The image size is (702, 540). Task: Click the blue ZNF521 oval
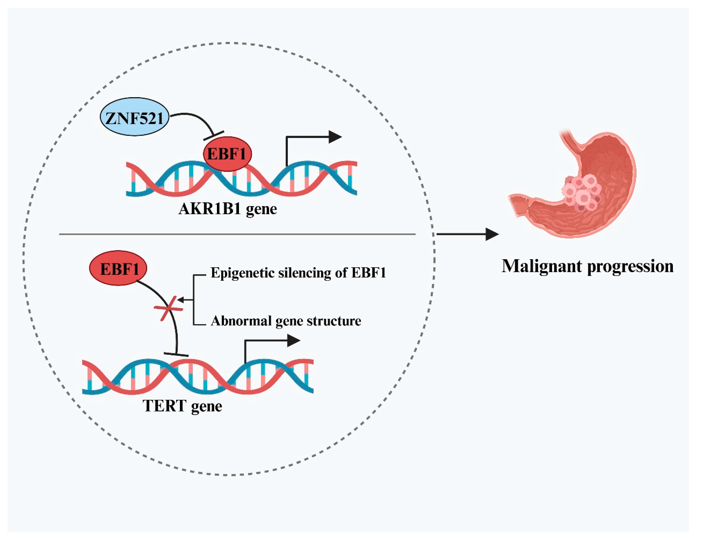click(134, 117)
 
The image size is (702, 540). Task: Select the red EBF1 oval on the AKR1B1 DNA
click(227, 154)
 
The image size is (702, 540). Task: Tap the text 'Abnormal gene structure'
click(286, 321)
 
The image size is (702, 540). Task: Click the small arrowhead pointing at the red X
click(181, 300)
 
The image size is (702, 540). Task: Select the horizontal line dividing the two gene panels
click(237, 234)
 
